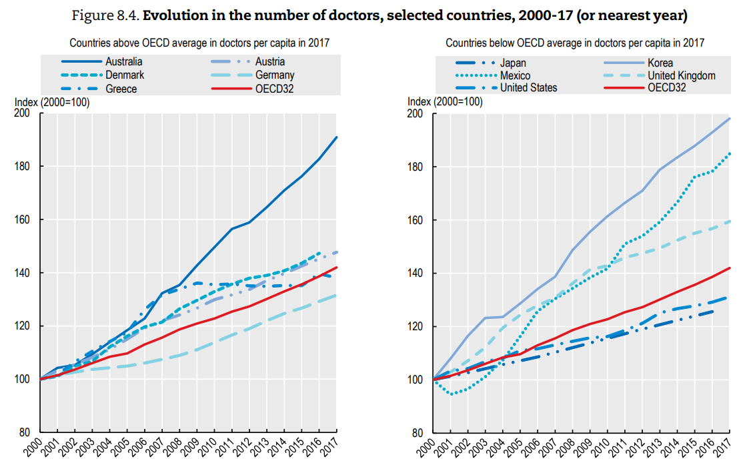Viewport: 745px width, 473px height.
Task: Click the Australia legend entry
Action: [124, 62]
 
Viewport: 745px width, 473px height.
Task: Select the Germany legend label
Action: [275, 75]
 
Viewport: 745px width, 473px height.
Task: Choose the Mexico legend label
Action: [516, 75]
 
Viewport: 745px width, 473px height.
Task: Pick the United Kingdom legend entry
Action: [682, 75]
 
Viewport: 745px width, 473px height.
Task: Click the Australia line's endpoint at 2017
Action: [337, 137]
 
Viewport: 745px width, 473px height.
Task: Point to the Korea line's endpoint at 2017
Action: [730, 118]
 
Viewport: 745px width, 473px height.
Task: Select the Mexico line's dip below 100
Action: [452, 394]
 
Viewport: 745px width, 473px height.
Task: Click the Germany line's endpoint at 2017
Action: [337, 295]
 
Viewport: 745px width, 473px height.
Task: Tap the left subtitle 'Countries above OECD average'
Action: [199, 43]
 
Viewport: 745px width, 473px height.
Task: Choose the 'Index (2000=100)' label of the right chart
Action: [445, 102]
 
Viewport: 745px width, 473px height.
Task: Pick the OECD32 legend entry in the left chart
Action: [275, 89]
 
